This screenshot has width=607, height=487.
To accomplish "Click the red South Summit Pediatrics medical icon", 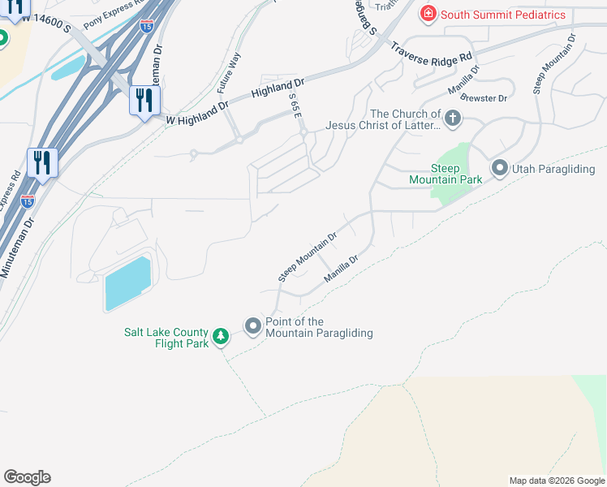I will pos(428,14).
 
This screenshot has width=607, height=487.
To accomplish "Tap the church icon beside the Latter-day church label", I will pos(453,120).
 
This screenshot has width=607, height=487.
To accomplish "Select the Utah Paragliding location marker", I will pos(498,169).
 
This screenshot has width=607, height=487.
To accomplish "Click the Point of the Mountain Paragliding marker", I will pos(253,327).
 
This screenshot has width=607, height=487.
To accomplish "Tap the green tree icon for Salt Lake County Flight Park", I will pos(221,336).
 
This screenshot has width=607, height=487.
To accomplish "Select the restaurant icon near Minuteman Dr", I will pos(42,163).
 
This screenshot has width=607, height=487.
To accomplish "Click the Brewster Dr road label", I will pos(484,98).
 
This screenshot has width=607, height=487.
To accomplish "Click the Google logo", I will pos(27,477).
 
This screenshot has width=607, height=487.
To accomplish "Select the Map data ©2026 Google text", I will pos(556,481).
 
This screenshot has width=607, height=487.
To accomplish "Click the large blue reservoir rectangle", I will pos(127,283).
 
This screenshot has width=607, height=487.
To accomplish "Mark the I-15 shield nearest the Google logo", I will pos(28,199).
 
